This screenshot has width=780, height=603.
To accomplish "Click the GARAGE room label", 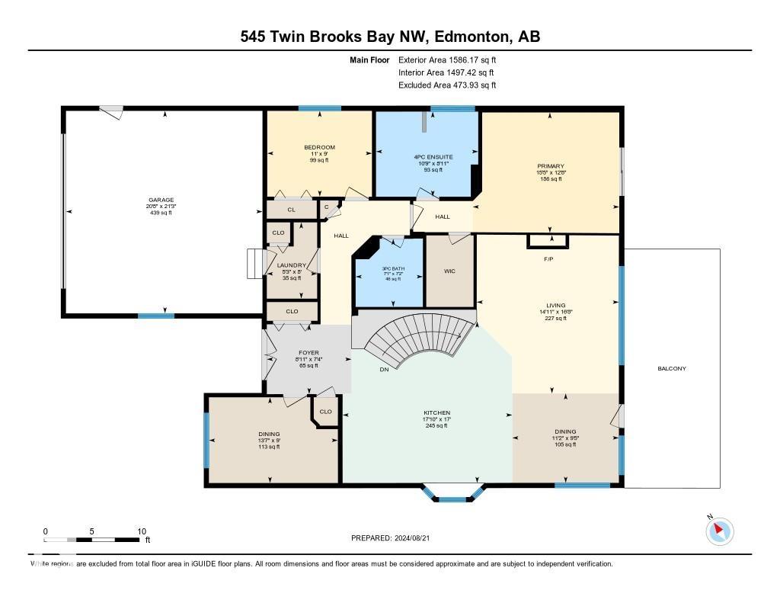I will click(161, 200).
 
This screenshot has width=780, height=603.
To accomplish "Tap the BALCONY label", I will click(672, 369).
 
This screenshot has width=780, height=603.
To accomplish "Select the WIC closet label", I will click(449, 271).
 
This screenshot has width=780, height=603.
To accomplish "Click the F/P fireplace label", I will click(548, 259).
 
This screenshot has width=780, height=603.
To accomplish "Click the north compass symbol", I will click(719, 531).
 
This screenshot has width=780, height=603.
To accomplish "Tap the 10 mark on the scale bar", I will click(141, 531).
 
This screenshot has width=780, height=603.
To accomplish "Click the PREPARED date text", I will click(395, 538).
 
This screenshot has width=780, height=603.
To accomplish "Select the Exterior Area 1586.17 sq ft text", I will click(447, 59).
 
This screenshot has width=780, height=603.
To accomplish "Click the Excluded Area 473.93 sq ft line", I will click(447, 85).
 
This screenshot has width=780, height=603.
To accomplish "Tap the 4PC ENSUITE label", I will click(427, 157).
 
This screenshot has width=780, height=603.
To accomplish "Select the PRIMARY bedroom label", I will click(550, 165).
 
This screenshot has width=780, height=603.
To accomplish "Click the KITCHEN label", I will click(437, 412).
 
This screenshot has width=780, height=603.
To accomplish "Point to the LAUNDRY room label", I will click(292, 265).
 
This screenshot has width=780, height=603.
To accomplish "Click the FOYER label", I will click(308, 353).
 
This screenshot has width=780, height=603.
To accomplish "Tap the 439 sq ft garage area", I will click(161, 213).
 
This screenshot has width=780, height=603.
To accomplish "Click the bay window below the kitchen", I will click(453, 494).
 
